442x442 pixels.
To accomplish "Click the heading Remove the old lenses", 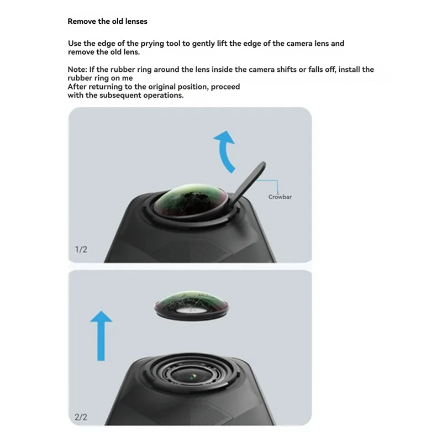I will [107, 22].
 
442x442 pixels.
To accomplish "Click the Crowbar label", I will [280, 197].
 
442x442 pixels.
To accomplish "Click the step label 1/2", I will [81, 250].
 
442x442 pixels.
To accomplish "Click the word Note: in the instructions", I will [78, 70].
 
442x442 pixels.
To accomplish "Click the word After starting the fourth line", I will [78, 87].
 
